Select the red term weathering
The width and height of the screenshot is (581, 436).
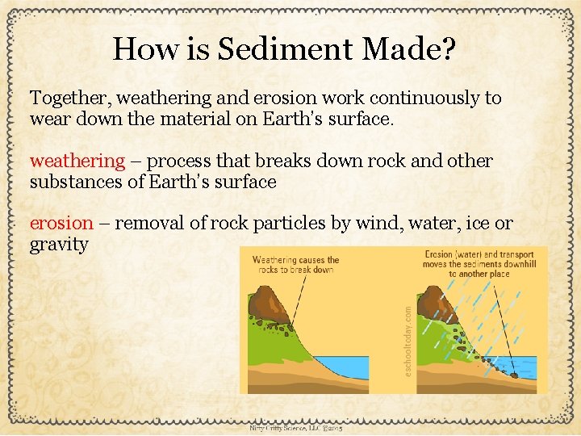[x=77, y=161]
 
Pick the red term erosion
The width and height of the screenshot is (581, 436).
[x=61, y=223]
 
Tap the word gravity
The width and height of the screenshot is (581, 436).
[x=59, y=245]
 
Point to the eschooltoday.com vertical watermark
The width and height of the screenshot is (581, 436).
[x=408, y=339]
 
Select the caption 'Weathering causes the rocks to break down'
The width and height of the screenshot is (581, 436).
[x=295, y=265]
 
